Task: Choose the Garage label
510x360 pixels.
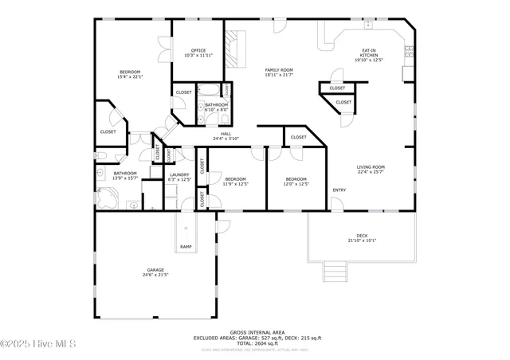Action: [x=155, y=272]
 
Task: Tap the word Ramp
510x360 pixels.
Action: [x=186, y=247]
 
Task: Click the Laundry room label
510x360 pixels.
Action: [x=178, y=177]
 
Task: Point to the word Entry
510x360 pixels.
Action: [x=339, y=190]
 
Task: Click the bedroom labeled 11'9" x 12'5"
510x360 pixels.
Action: [x=235, y=182]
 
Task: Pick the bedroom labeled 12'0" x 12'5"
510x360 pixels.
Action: [x=296, y=182]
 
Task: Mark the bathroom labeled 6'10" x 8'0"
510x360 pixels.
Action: [x=217, y=108]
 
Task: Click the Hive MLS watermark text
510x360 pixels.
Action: [x=38, y=344]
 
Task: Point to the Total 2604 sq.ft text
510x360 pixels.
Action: [x=257, y=342]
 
